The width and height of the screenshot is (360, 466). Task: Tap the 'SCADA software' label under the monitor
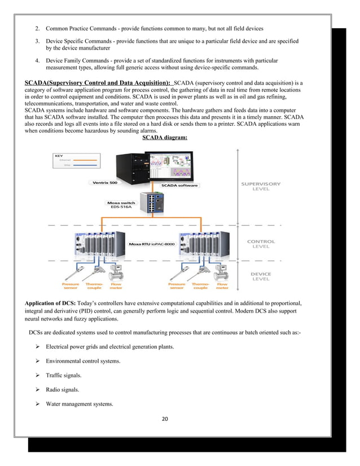click(179, 184)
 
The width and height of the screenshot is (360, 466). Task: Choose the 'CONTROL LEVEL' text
click(261, 244)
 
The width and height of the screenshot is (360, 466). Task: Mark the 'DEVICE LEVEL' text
click(260, 277)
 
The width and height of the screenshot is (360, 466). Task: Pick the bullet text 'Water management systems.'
click(80, 404)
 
